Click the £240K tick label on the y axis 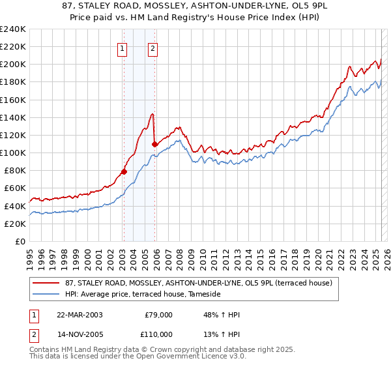coord(13,29)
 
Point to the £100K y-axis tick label coord(13,153)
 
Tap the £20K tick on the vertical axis coord(15,224)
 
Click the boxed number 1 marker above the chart coord(123,48)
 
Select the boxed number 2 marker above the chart coord(152,48)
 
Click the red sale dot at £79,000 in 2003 coord(124,171)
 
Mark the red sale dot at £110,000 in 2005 coord(154,144)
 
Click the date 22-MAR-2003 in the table coord(80,315)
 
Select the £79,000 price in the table coord(158,315)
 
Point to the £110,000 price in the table coord(156,334)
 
